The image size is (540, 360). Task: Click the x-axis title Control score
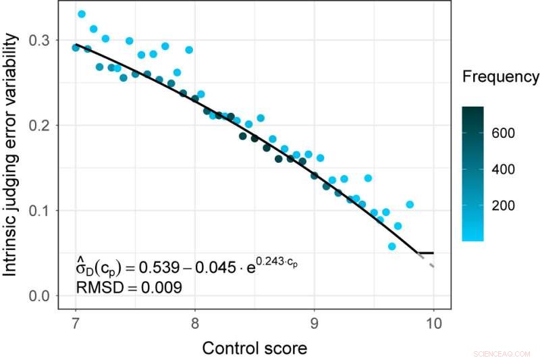254,348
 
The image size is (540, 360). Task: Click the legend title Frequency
500,77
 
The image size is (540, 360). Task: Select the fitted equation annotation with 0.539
186,267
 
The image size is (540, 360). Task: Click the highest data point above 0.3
82,14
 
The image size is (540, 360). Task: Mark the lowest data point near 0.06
392,247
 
